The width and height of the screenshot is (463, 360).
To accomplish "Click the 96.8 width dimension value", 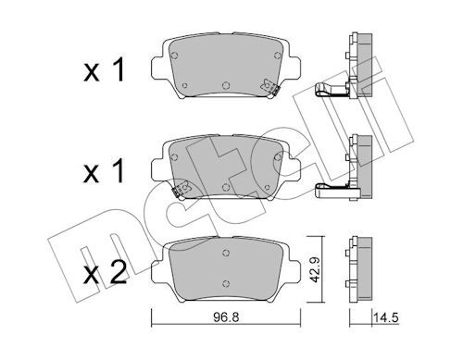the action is coord(226,317).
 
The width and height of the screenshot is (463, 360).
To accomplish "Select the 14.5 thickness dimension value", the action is coord(386,317).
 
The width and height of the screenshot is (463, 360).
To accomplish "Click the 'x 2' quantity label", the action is coord(106,272).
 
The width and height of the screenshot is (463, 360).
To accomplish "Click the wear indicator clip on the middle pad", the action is coord(181,189).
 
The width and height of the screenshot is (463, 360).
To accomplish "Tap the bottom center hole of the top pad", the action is coord(226,85).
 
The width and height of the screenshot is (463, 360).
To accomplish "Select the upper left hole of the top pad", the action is coord(174,56).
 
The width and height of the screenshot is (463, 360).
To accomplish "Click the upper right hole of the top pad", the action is coord(278,56).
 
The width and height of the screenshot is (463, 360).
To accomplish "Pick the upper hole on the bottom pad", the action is coord(226,253).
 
